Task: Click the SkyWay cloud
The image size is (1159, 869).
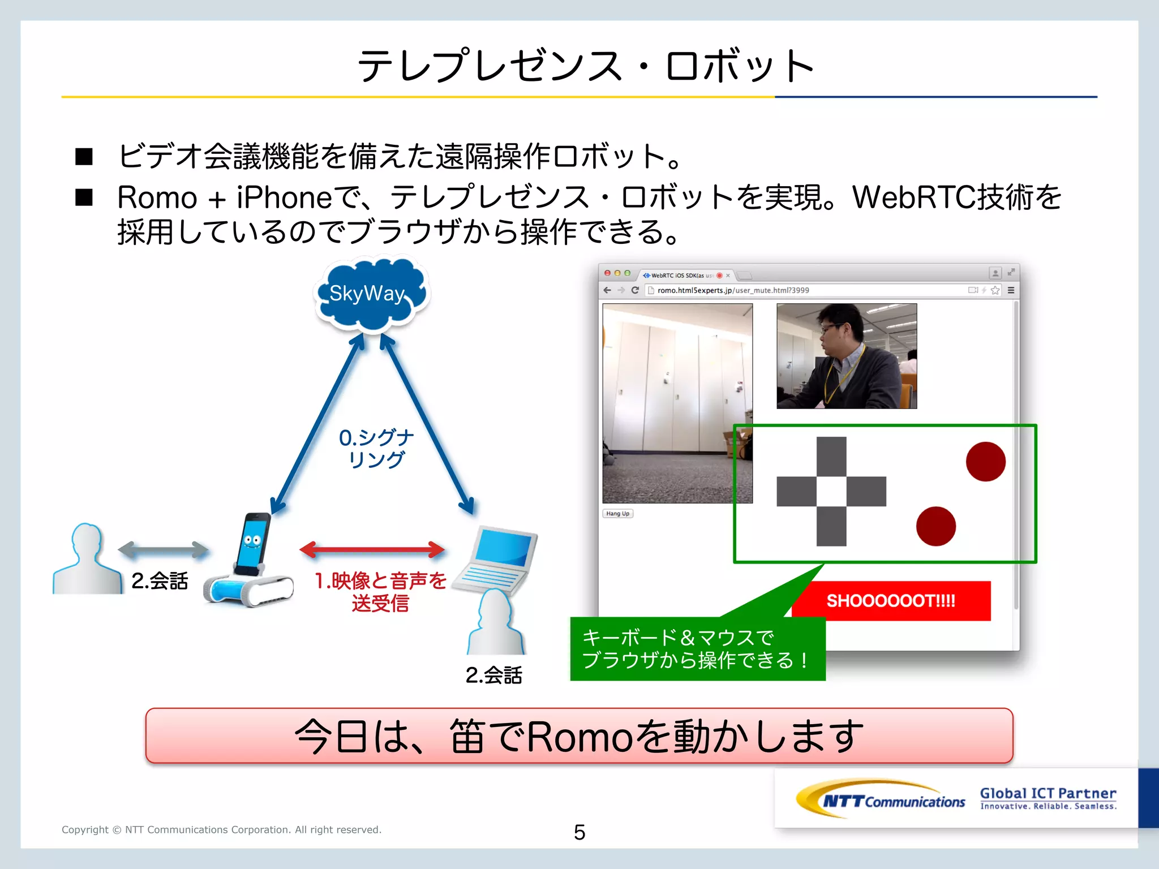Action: (x=371, y=294)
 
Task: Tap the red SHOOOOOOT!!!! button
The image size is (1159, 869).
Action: (x=891, y=601)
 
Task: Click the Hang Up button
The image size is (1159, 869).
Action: (x=617, y=514)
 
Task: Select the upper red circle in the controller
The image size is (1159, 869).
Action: (x=985, y=462)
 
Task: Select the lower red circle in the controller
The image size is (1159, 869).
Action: (x=935, y=526)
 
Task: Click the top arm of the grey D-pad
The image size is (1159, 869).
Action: (x=831, y=456)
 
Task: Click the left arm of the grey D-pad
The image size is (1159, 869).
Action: (x=796, y=491)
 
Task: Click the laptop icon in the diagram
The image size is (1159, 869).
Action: (x=498, y=560)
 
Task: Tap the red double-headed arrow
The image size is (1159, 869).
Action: (x=372, y=549)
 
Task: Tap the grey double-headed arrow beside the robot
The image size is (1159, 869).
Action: (x=163, y=549)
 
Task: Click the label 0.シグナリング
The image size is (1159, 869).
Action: (x=376, y=448)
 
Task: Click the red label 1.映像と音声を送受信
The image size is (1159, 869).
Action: (x=380, y=592)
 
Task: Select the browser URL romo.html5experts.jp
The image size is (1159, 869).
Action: (x=733, y=290)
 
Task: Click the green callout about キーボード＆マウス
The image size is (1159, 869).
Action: (x=697, y=649)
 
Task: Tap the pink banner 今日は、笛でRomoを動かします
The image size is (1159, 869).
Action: (x=579, y=736)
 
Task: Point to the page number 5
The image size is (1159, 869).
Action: (x=579, y=832)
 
